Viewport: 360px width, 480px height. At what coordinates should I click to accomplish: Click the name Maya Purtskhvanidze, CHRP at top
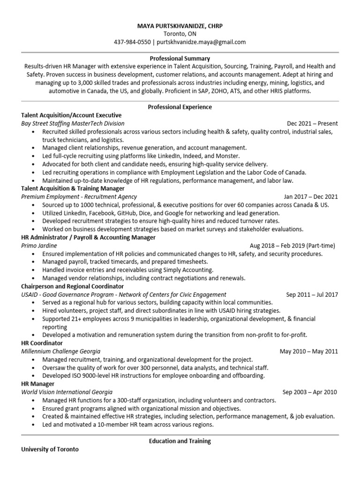pyautogui.click(x=180, y=26)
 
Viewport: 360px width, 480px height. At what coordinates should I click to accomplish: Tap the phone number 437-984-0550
pyautogui.click(x=132, y=42)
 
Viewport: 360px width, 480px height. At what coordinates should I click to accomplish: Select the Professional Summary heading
pyautogui.click(x=180, y=59)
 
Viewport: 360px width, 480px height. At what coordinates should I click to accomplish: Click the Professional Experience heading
pyautogui.click(x=180, y=107)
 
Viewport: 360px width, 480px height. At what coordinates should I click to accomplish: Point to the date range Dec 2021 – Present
pyautogui.click(x=312, y=123)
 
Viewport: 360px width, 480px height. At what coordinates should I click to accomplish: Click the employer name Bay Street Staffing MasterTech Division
pyautogui.click(x=73, y=123)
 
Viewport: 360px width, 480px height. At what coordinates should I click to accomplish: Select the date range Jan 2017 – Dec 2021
pyautogui.click(x=310, y=197)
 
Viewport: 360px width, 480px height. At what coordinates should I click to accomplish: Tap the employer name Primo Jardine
pyautogui.click(x=39, y=246)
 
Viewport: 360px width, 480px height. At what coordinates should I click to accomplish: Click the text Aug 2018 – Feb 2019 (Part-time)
pyautogui.click(x=292, y=246)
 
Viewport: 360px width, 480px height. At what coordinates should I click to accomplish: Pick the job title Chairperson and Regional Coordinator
pyautogui.click(x=73, y=286)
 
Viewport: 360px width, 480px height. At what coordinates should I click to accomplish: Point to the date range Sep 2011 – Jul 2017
pyautogui.click(x=312, y=294)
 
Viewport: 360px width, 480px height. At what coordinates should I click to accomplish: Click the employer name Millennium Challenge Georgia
pyautogui.click(x=60, y=352)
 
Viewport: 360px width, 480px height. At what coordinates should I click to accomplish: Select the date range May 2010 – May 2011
pyautogui.click(x=308, y=352)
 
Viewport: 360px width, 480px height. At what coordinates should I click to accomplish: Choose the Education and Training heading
pyautogui.click(x=180, y=441)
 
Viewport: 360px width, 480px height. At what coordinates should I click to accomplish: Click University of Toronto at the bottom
pyautogui.click(x=50, y=450)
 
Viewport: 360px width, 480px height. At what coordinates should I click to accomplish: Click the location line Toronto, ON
pyautogui.click(x=180, y=34)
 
